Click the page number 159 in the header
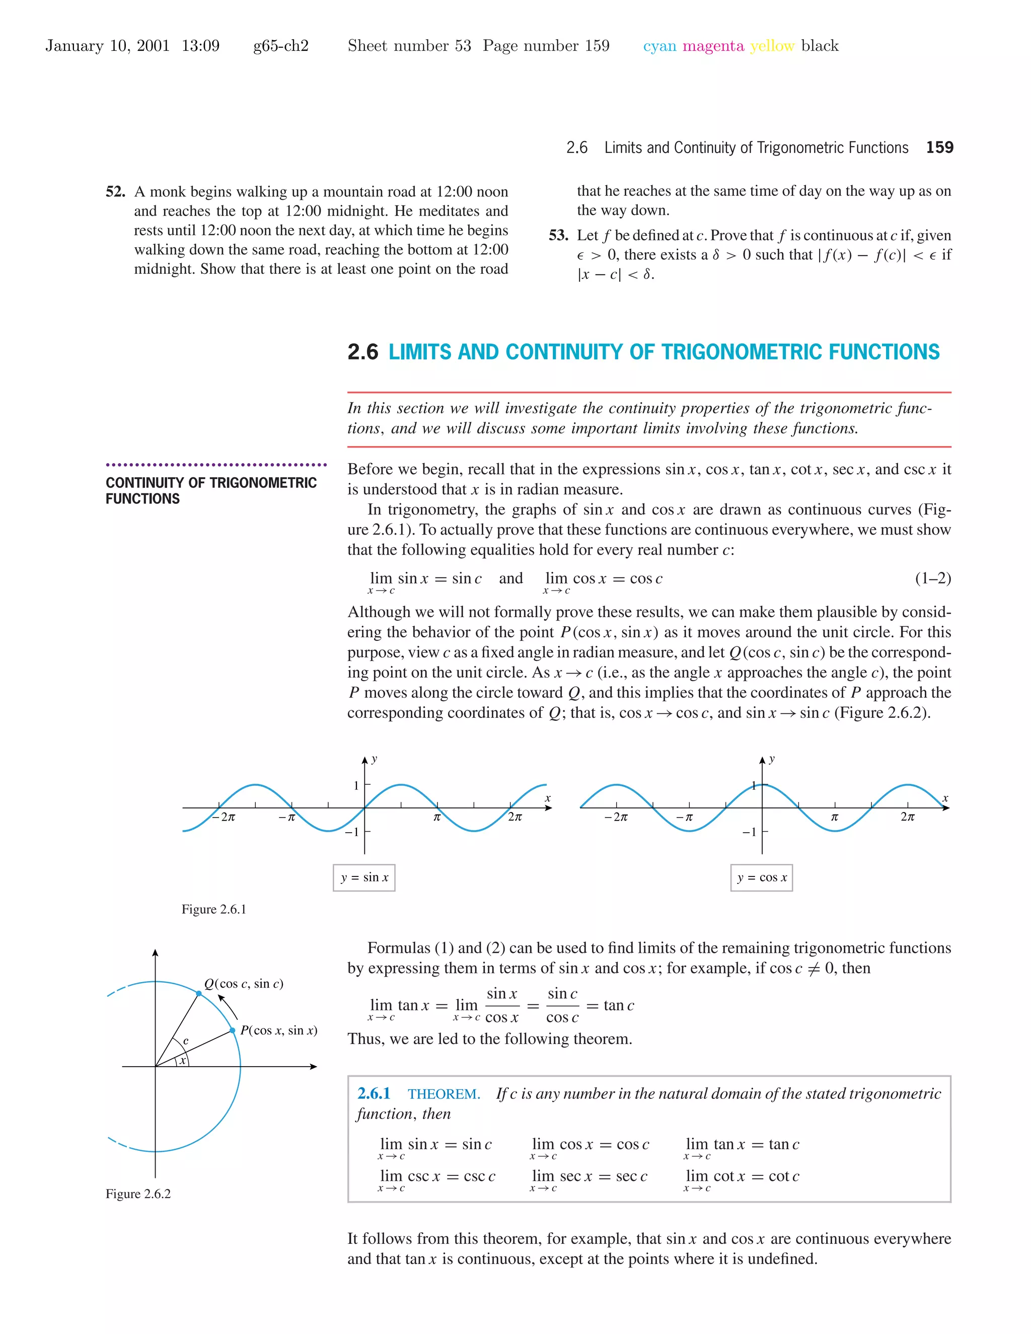pos(939,147)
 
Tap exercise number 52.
pos(115,192)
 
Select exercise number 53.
pos(558,235)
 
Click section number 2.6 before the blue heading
pos(363,352)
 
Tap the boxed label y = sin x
pos(364,878)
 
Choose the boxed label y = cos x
pos(762,878)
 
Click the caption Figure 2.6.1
pos(214,910)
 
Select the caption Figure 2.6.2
pos(138,1194)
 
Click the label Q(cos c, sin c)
pos(244,984)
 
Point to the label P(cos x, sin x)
pos(278,1030)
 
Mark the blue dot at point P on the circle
pos(233,1030)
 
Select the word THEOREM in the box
pos(444,1094)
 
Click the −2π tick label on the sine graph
pos(224,817)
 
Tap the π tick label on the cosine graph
pos(834,817)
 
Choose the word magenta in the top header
pos(713,46)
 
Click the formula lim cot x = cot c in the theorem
pos(742,1176)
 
